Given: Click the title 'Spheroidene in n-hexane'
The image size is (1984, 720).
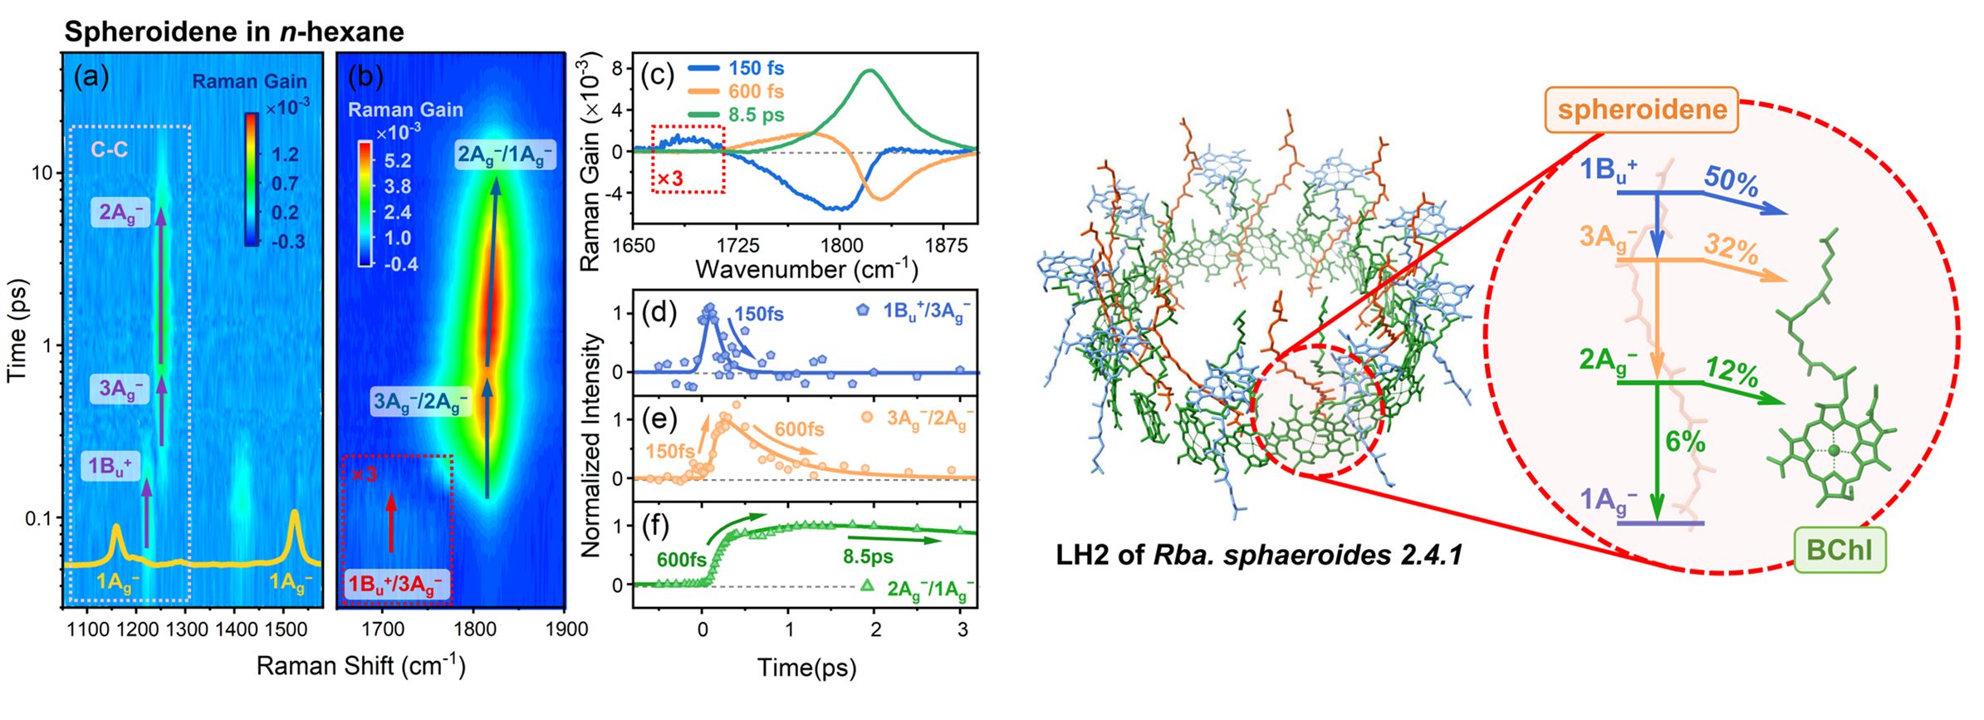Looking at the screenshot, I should (234, 32).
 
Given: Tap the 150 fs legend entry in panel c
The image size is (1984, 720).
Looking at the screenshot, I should (756, 68).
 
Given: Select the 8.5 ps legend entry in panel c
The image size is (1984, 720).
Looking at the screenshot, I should (756, 115).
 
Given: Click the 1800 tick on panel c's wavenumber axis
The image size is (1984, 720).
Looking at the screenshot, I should (842, 246).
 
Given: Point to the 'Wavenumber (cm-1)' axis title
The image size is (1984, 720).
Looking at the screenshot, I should (806, 269).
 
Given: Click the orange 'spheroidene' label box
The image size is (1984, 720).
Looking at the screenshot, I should (1641, 110).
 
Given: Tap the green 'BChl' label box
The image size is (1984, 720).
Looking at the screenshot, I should (1839, 550).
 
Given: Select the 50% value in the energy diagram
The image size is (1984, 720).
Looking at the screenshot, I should (1731, 179).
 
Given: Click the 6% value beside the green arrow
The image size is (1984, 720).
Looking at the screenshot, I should (1685, 442).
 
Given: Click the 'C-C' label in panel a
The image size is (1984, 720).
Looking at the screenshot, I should (109, 150).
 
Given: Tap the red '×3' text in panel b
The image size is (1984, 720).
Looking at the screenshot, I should (364, 474).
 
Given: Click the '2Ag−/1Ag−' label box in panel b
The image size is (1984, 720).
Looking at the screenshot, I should (504, 155).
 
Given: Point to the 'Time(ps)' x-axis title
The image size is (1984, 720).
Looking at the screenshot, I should (806, 668).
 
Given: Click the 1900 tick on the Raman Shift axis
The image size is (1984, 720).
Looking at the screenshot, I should (566, 629).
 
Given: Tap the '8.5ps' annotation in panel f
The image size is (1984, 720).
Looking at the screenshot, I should (868, 556).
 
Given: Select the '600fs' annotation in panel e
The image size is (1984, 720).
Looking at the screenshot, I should (799, 429).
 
